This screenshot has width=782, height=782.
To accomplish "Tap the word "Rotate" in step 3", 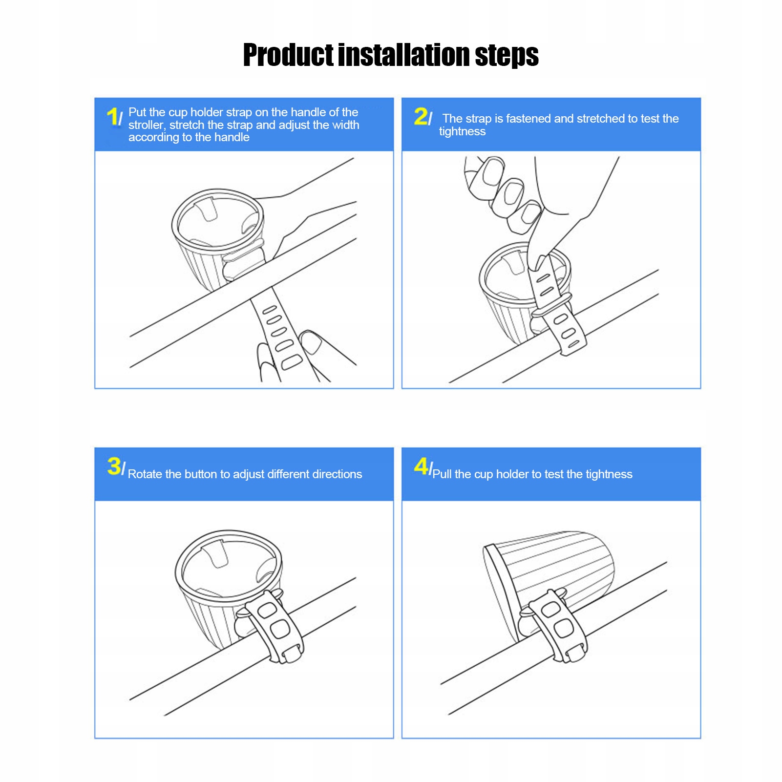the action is [x=145, y=474].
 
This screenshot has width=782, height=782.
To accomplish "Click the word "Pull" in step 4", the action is [x=442, y=474].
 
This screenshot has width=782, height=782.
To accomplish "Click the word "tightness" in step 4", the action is [x=609, y=475].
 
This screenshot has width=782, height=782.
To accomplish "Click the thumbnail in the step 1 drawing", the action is [x=311, y=342].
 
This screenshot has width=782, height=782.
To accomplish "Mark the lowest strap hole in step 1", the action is [x=292, y=362].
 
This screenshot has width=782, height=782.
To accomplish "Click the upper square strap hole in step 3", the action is [x=267, y=610].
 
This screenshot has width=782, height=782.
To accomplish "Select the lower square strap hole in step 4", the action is [x=564, y=628].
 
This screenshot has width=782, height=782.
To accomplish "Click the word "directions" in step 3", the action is [x=337, y=474].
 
